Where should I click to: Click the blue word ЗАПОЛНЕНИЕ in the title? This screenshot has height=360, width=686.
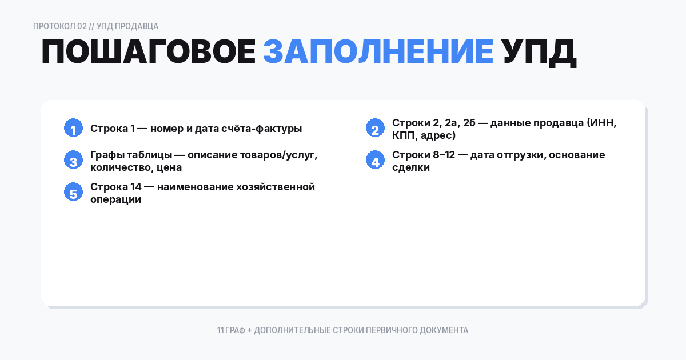click(x=378, y=53)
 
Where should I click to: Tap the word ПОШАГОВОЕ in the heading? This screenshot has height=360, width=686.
click(x=148, y=53)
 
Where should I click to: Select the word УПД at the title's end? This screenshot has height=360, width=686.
click(x=539, y=53)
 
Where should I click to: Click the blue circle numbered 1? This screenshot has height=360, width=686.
click(x=73, y=129)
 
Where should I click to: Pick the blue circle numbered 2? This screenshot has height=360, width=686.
click(x=375, y=129)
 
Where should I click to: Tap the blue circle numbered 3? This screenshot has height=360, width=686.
click(x=73, y=161)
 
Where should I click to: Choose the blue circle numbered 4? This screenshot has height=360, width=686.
click(x=375, y=161)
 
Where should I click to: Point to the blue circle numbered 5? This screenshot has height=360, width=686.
click(x=73, y=193)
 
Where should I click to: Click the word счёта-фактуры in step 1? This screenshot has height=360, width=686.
click(x=265, y=129)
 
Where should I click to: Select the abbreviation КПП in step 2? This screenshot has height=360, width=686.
click(x=404, y=135)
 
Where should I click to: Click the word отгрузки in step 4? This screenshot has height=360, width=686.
click(x=516, y=155)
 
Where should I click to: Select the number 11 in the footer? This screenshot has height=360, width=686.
click(x=220, y=330)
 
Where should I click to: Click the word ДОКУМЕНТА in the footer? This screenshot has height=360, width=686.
click(x=444, y=330)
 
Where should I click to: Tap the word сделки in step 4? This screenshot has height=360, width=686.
click(x=410, y=167)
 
